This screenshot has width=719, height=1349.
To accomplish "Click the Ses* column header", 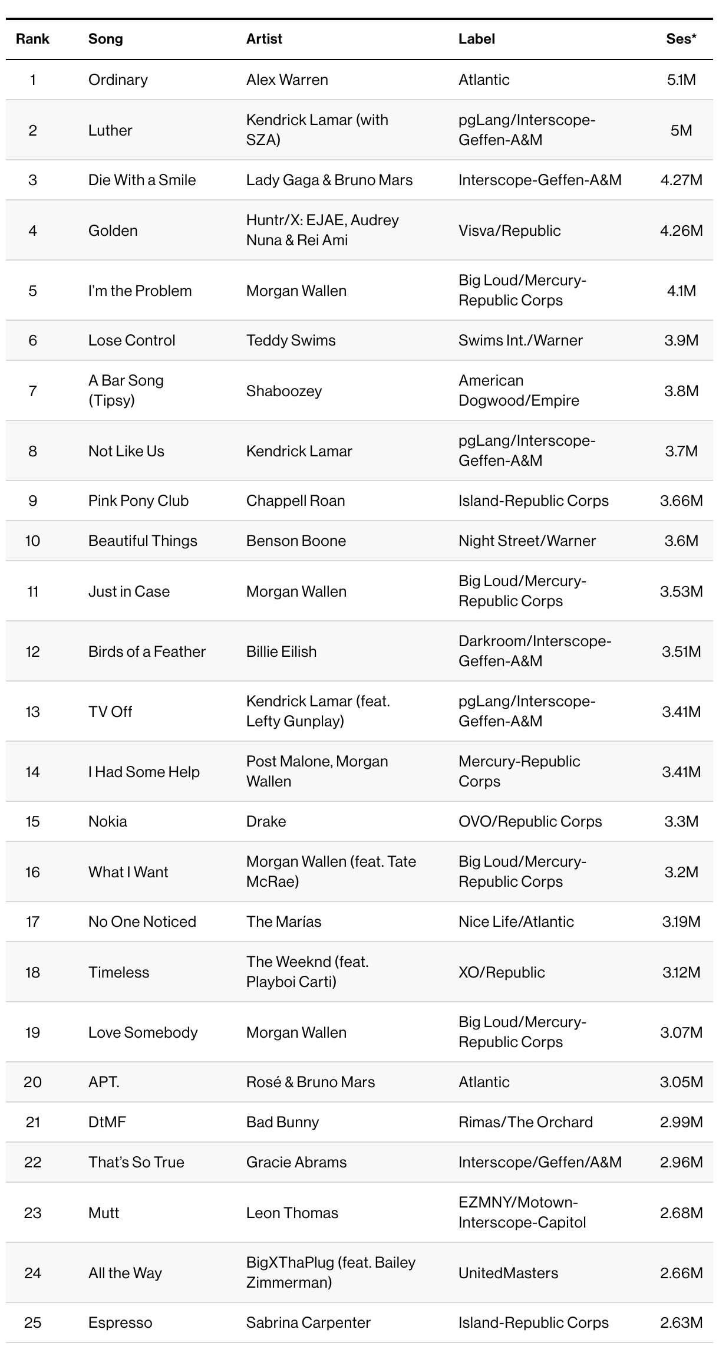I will (681, 39).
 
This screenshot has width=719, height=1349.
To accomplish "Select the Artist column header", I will (264, 39).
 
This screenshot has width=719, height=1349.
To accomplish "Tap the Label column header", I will (476, 39).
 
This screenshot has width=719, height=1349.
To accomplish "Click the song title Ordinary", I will (118, 80).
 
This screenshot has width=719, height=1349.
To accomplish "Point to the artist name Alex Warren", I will (287, 80).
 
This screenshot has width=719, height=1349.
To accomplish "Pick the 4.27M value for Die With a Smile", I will (681, 180).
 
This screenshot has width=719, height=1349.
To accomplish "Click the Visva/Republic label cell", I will (509, 231).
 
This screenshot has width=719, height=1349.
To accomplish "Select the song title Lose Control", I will (131, 340).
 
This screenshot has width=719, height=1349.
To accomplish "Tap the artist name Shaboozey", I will (284, 391).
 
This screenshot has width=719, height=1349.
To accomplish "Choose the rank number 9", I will (32, 501).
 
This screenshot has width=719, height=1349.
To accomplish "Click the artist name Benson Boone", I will (296, 541).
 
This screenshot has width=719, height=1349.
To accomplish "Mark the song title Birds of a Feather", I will (147, 652).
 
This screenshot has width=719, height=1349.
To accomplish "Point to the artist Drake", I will (266, 821).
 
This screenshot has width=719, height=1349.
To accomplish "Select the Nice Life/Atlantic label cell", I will (516, 922).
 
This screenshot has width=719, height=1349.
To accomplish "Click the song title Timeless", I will (118, 972).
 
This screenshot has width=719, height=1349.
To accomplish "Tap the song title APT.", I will (104, 1082).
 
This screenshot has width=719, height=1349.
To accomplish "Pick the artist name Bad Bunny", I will (282, 1122).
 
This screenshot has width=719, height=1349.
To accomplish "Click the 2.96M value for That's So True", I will (681, 1162).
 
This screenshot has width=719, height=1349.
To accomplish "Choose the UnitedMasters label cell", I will (508, 1273).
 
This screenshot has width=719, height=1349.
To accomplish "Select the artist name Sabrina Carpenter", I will (308, 1322).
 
